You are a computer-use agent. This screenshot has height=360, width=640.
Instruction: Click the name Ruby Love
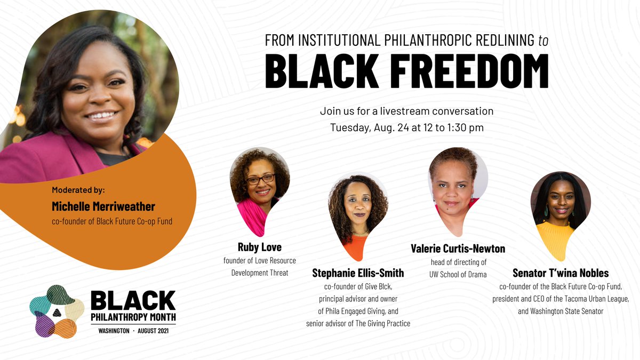(259, 247)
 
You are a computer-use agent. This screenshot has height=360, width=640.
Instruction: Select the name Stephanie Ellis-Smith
(358, 273)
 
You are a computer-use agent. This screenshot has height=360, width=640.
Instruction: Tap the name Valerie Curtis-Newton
(458, 249)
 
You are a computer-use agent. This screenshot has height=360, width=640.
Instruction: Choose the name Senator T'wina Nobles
(561, 273)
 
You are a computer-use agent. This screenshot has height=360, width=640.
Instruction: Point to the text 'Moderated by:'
(78, 190)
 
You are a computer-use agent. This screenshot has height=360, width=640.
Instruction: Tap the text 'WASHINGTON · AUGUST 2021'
(134, 331)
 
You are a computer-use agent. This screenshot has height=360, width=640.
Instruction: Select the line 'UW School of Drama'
(458, 274)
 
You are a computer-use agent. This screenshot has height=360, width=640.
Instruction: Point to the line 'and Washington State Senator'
(561, 311)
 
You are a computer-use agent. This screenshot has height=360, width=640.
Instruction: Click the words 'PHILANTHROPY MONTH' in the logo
(133, 316)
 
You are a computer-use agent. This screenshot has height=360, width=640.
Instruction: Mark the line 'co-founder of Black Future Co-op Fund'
(112, 221)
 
